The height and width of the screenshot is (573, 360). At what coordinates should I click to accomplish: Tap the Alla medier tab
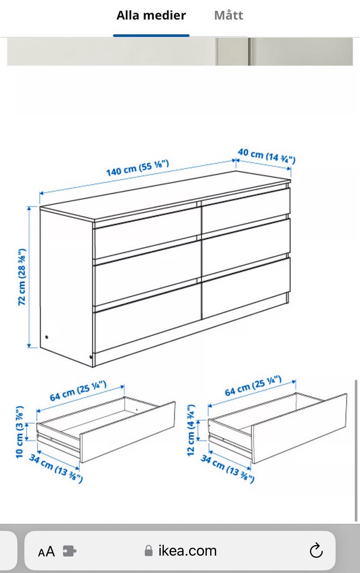coord(151,15)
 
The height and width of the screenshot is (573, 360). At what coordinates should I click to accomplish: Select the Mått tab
coord(229,15)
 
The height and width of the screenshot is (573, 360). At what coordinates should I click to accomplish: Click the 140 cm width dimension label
coord(137,168)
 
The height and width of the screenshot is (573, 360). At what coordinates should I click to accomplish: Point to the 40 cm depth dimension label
coord(267,156)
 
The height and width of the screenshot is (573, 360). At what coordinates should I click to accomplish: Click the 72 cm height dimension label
coord(22,277)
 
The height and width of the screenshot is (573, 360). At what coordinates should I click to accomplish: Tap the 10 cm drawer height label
coord(20,432)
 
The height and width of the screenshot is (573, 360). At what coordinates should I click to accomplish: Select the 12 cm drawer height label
coord(191,430)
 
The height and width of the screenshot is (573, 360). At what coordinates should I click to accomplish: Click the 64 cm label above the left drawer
coord(78,391)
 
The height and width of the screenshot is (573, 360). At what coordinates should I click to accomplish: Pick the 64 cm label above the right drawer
coord(253,386)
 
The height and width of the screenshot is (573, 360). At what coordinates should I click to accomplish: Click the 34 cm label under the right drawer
coord(227,469)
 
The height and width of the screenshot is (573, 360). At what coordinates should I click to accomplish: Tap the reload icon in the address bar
coord(316,550)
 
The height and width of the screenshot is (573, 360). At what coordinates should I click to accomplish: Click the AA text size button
coord(47,552)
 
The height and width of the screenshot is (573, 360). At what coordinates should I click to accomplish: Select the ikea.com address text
coord(187,550)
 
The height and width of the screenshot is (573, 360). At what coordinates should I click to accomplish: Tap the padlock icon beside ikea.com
coord(149,550)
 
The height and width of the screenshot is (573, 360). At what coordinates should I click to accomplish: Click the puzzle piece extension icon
coord(70,551)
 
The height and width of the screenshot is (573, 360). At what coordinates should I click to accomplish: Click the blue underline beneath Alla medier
coord(151,36)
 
